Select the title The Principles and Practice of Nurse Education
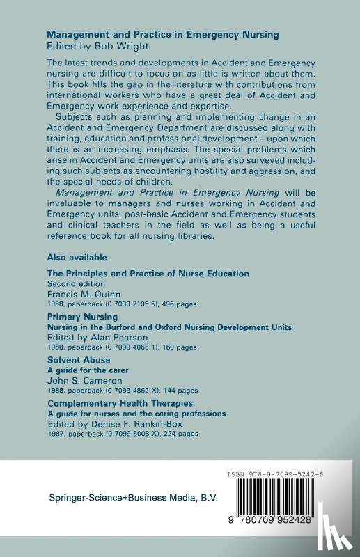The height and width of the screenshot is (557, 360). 148,274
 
